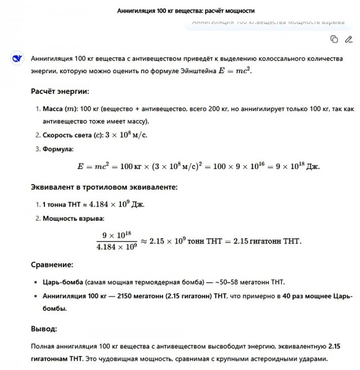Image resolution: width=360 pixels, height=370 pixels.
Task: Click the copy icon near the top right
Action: coord(334,39)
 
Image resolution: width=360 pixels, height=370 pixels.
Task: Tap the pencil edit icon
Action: coord(349,39)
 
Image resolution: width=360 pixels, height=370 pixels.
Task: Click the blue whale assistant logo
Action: coord(17,58)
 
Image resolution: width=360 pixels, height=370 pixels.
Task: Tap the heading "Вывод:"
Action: coord(44,328)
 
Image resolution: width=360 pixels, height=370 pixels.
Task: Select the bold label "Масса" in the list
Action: coord(54,108)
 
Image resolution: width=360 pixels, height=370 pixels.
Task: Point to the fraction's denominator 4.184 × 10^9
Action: coord(116,247)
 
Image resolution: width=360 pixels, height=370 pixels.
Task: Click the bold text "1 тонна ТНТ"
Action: coord(64,204)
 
